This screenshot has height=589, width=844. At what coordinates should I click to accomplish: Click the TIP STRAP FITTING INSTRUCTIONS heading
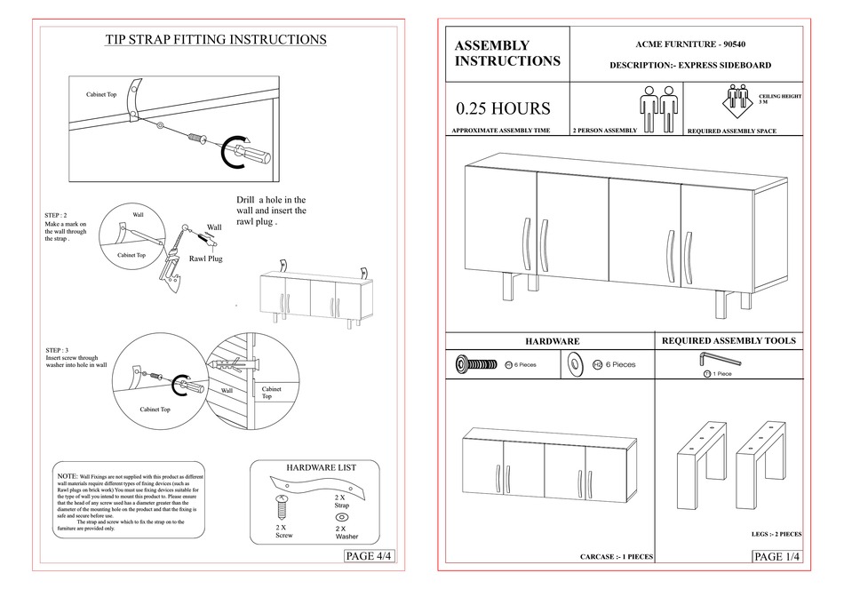(216, 40)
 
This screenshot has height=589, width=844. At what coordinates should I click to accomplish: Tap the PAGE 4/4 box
(368, 556)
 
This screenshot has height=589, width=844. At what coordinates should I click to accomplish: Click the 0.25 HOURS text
(503, 109)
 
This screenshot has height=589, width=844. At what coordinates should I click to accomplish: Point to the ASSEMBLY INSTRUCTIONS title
(507, 53)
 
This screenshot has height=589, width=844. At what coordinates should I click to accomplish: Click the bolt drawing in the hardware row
(476, 363)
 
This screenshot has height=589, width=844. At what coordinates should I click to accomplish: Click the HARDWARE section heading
(552, 341)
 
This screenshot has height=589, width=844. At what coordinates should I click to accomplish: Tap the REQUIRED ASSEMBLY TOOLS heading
(729, 340)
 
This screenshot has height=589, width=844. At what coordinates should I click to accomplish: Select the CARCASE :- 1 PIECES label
(617, 557)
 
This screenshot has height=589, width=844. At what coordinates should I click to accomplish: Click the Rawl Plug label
(203, 259)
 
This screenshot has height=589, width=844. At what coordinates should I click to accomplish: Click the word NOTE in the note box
(67, 477)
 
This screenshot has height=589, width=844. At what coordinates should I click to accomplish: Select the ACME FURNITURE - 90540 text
(689, 44)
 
